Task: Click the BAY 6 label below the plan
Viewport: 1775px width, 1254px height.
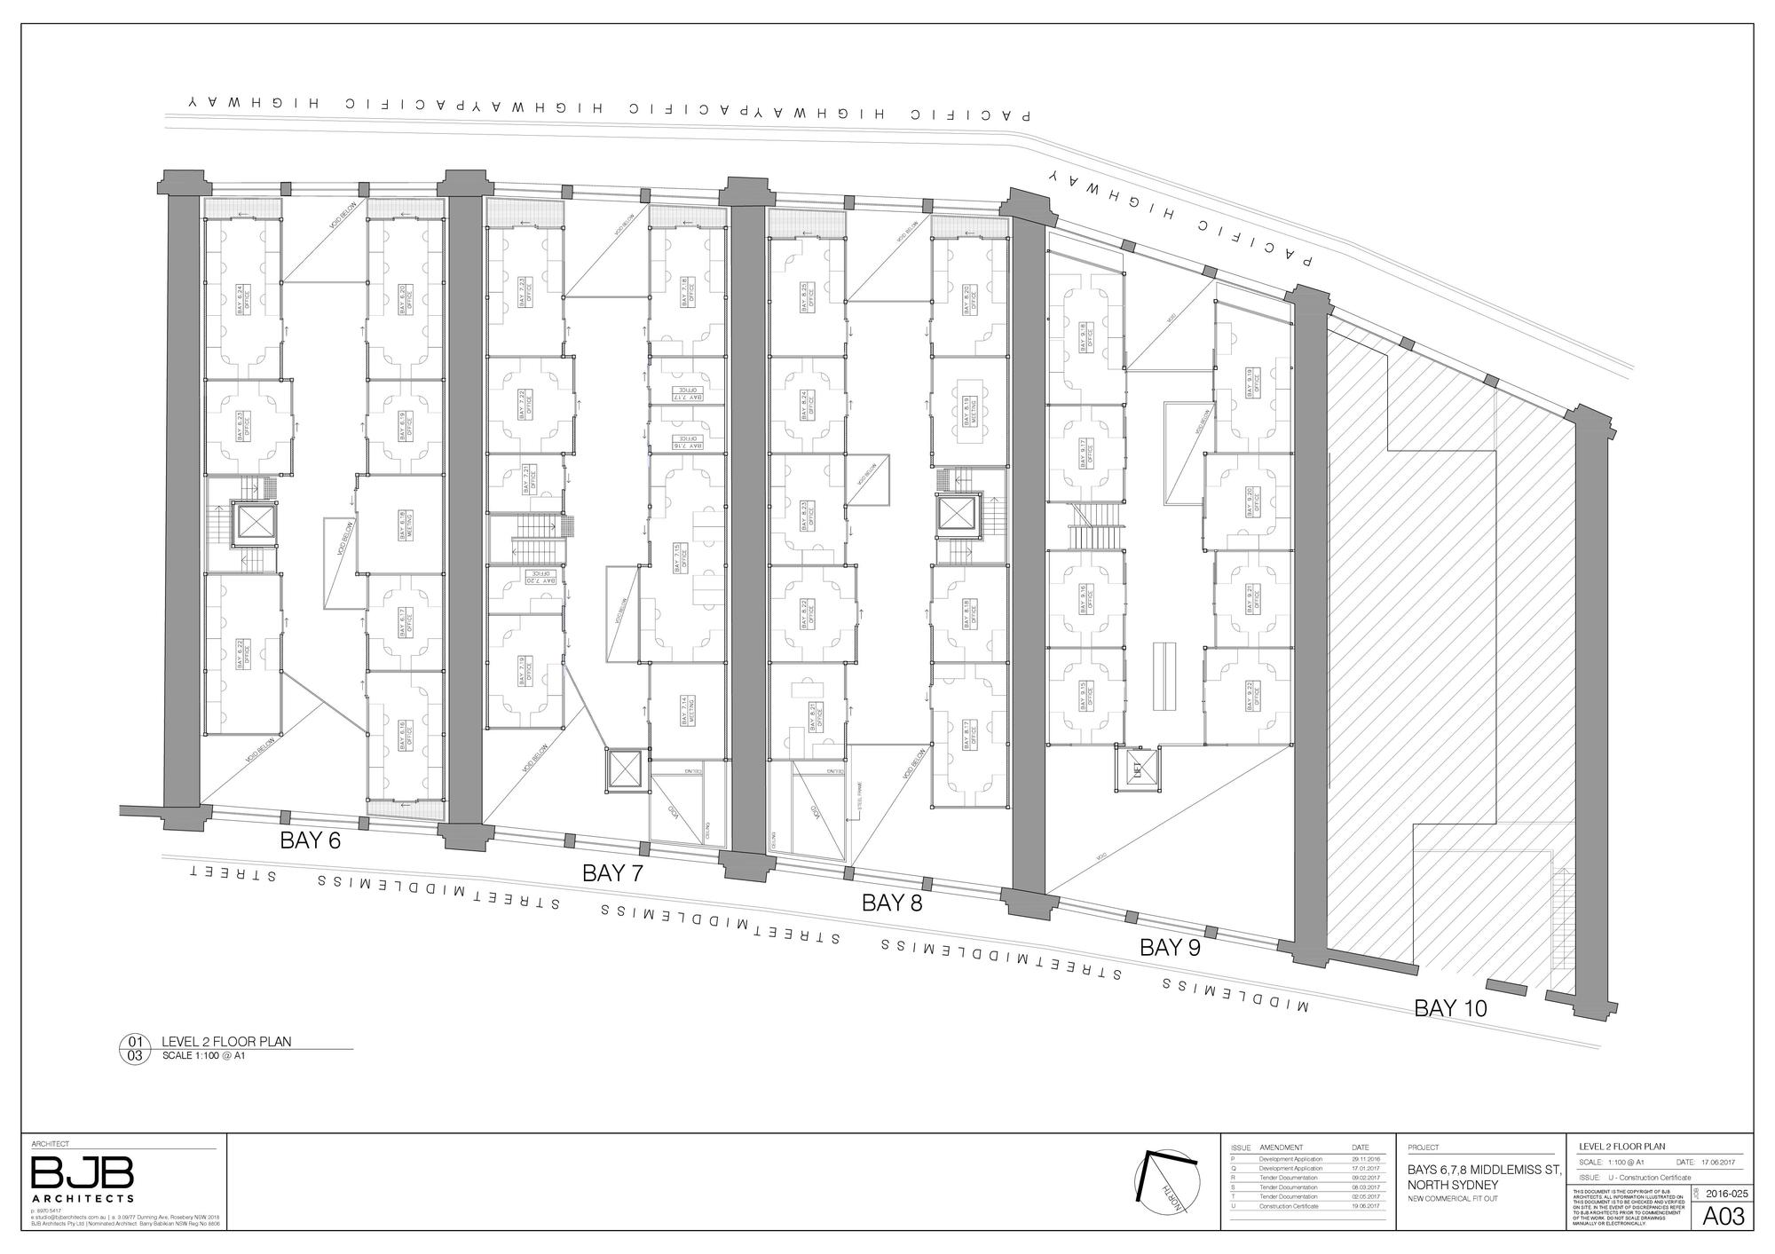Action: point(311,840)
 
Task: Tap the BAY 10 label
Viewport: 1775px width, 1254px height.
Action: point(1450,1008)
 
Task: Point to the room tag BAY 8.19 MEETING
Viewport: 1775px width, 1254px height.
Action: point(967,414)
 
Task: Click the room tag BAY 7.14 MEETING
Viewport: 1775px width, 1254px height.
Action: point(685,711)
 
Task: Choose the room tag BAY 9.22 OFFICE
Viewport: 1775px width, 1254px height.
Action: point(1252,697)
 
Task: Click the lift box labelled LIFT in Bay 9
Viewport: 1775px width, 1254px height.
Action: point(1137,768)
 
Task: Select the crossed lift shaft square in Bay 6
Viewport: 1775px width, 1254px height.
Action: point(255,523)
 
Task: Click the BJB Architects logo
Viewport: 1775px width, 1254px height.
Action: point(83,1177)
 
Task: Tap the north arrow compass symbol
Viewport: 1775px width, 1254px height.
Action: point(1167,1185)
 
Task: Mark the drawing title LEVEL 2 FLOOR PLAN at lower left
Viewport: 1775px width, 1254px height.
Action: point(226,1041)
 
